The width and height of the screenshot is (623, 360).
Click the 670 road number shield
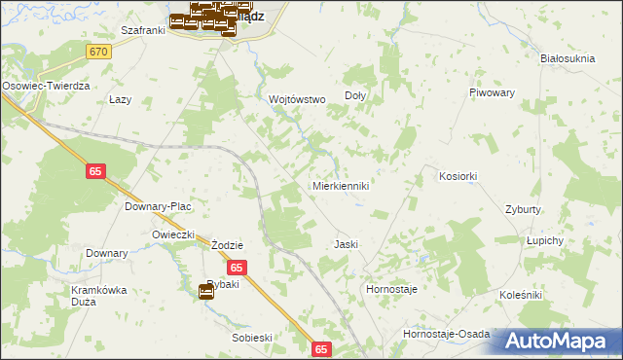click(97, 51)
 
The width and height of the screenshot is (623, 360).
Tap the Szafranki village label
click(142, 30)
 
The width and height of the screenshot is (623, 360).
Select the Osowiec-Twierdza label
click(46, 86)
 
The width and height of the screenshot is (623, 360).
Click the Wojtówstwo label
click(297, 99)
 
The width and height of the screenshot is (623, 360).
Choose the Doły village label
click(355, 96)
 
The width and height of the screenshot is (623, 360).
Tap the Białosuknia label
click(568, 58)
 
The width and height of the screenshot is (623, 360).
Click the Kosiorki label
click(458, 176)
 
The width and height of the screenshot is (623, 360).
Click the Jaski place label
click(348, 244)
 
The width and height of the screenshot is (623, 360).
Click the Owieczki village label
click(174, 235)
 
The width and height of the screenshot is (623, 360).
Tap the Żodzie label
click(227, 245)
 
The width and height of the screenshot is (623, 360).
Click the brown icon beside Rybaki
click(206, 290)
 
